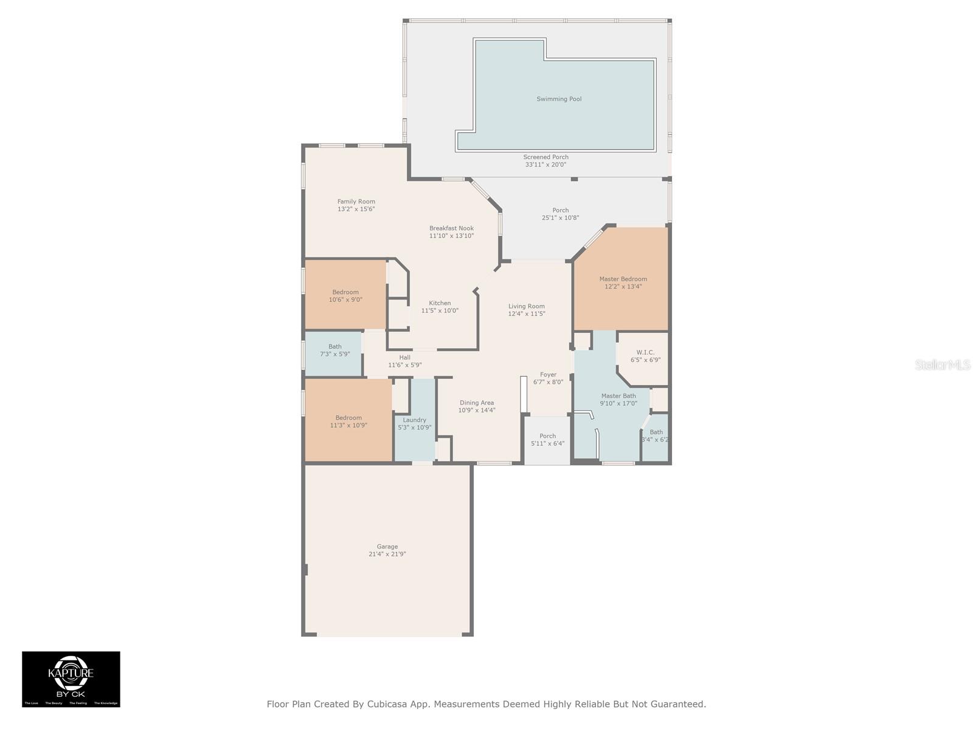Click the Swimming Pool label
[559, 99]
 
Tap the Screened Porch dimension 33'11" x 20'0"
[545, 165]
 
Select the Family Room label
[356, 202]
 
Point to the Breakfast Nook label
[451, 228]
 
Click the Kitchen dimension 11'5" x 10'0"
[440, 310]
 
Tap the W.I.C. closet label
[645, 352]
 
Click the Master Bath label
[618, 396]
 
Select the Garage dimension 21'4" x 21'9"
[387, 554]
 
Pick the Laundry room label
[414, 420]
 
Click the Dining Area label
[477, 403]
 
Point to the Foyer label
[548, 375]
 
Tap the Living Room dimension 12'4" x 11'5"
[527, 314]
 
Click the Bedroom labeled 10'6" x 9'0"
[345, 296]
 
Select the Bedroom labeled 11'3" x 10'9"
[348, 422]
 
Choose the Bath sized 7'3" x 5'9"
[335, 351]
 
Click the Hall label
[404, 358]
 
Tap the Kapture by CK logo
[71, 679]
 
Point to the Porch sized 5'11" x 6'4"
[547, 440]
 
